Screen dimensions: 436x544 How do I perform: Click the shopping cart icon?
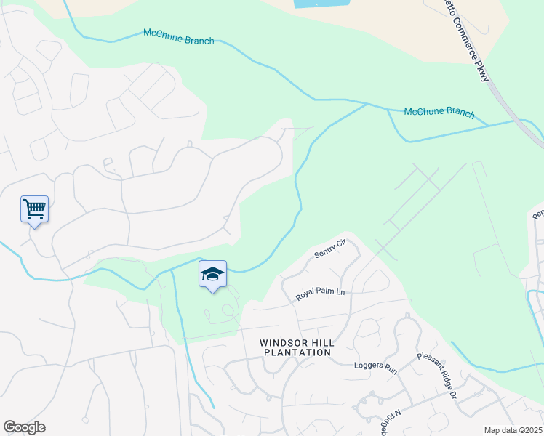34,210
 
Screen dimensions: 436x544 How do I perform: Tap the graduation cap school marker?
212,275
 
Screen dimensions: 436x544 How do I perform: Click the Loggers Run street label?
375,366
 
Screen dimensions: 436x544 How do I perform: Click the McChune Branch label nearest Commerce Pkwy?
439,113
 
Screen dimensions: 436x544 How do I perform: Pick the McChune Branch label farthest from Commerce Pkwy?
179,36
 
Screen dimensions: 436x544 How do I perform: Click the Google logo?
24,427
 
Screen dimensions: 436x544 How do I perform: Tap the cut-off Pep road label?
538,213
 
